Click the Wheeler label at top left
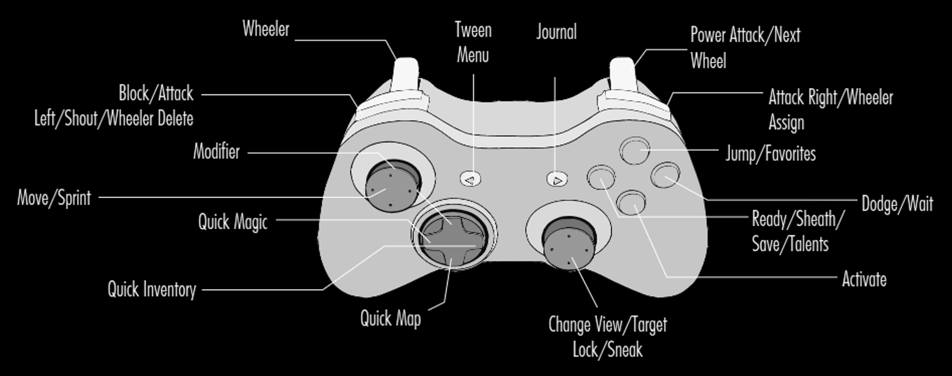(266, 29)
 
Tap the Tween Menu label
(473, 42)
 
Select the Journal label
(556, 32)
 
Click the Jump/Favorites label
(771, 154)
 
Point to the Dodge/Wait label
(897, 204)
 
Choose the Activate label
(864, 280)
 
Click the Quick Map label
(391, 319)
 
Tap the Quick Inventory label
(152, 290)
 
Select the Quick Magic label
(233, 222)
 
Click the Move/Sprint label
(54, 198)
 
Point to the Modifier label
(216, 152)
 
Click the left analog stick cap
(393, 186)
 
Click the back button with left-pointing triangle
(471, 179)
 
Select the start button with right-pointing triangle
(557, 179)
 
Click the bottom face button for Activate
(631, 202)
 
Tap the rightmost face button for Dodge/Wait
(665, 175)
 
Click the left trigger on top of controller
(406, 74)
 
